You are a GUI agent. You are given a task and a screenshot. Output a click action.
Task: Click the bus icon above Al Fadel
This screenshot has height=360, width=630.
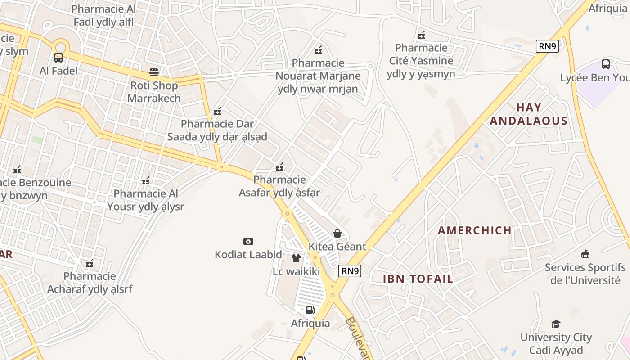point(58,58)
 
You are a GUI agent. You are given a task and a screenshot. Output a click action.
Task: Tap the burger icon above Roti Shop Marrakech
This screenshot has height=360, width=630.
point(154,72)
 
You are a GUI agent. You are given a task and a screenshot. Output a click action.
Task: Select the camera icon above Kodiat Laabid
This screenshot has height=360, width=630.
point(248,242)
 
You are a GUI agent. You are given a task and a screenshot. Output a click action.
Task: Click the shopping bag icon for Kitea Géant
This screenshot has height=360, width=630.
point(337,233)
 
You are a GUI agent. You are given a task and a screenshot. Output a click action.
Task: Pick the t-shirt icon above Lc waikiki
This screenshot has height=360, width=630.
point(296,258)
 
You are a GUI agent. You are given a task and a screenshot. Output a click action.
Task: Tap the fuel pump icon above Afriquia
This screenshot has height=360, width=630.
point(310,310)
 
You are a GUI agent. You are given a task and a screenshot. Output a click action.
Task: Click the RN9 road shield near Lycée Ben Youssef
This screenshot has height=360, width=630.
point(547,46)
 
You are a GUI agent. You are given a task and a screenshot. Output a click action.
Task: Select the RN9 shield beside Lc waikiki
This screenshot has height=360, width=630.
point(350,270)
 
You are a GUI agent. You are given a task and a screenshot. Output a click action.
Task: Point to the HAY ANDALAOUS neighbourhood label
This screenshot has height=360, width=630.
point(529,114)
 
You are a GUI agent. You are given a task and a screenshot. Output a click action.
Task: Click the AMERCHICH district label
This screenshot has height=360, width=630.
point(475,231)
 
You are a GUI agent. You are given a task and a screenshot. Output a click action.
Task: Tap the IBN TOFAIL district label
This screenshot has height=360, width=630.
point(418,279)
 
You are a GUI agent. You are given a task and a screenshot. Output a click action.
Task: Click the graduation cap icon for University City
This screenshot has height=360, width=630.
point(556,324)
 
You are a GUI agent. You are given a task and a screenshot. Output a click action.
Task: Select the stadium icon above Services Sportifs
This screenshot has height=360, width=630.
point(585,254)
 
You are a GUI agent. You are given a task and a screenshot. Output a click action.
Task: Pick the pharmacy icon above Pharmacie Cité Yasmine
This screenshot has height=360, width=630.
point(421,35)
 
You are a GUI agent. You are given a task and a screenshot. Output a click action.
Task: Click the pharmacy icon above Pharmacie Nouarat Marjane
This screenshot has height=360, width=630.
point(318,49)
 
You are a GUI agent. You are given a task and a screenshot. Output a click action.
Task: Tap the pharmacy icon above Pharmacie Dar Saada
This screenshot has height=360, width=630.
point(217,111)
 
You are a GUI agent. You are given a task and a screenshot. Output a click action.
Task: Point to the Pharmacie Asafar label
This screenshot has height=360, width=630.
point(279,186)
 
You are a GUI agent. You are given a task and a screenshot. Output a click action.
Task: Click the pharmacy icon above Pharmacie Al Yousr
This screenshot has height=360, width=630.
point(146,181)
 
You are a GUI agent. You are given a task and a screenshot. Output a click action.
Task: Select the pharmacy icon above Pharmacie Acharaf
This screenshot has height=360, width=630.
point(90,263)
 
